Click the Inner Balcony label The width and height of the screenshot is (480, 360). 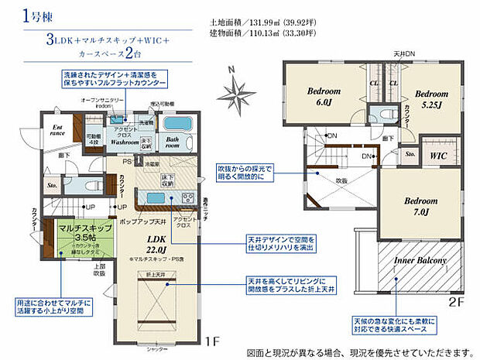point(421,262)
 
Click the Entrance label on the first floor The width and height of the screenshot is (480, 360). point(57,130)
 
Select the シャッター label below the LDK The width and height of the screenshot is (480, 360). point(157,347)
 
